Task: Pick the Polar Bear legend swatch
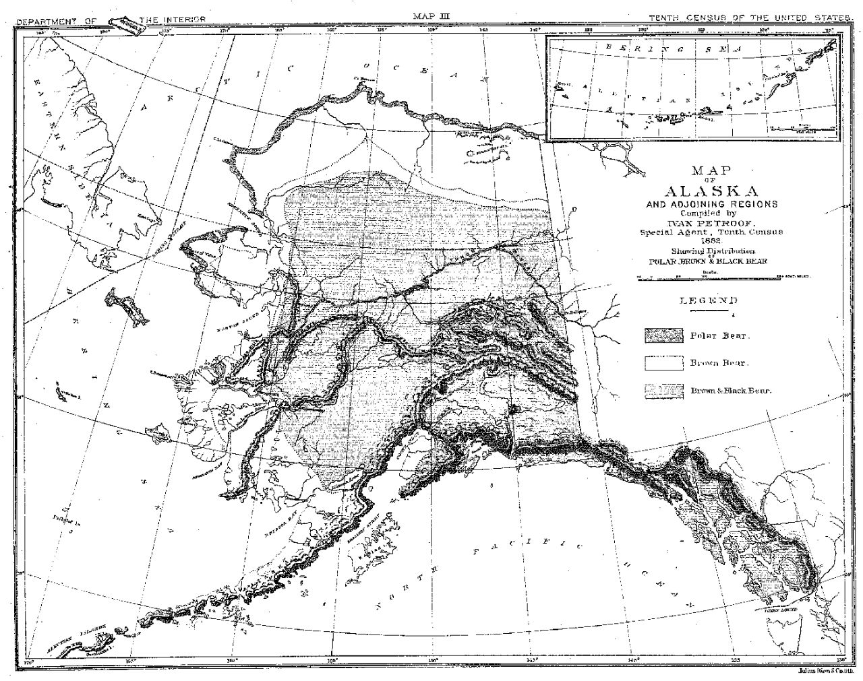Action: pyautogui.click(x=663, y=335)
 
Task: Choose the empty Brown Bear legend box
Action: pyautogui.click(x=663, y=363)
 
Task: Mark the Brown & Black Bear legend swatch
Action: pyautogui.click(x=663, y=390)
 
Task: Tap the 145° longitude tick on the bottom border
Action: pyautogui.click(x=532, y=659)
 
